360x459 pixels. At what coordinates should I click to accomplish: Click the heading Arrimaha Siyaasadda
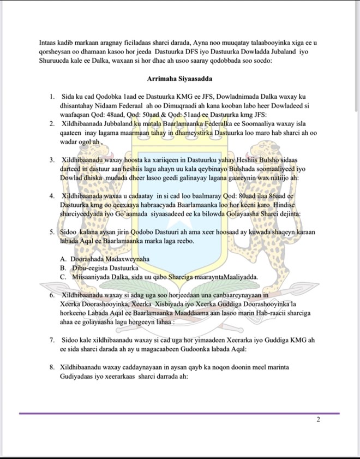(x=179, y=79)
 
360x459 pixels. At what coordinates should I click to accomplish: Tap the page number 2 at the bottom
(x=319, y=420)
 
